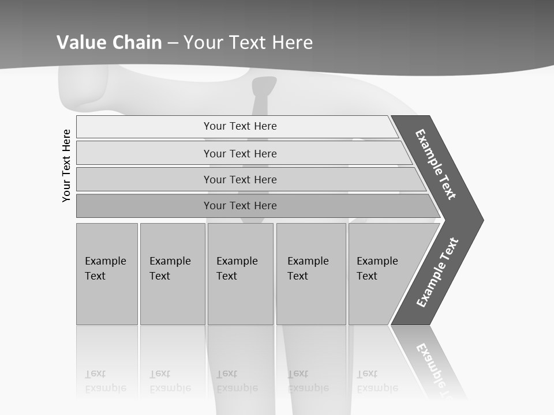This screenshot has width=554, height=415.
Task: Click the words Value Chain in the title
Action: coord(109,43)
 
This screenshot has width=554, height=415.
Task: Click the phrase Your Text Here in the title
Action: coord(248,43)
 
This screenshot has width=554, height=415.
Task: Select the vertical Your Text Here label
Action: coord(66,165)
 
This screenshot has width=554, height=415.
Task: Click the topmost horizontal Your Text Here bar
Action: coord(240,126)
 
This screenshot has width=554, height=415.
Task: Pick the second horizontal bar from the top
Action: coord(240,153)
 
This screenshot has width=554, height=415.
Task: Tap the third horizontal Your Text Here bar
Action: coord(240,179)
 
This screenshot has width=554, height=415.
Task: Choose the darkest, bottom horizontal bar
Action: coord(240,206)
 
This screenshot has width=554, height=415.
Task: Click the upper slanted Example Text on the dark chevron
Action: coord(436,164)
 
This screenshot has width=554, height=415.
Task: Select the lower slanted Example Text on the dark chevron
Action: coord(437,273)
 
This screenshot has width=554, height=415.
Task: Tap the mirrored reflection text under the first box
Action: coord(105,382)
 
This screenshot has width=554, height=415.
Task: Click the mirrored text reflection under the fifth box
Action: coord(377,382)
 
